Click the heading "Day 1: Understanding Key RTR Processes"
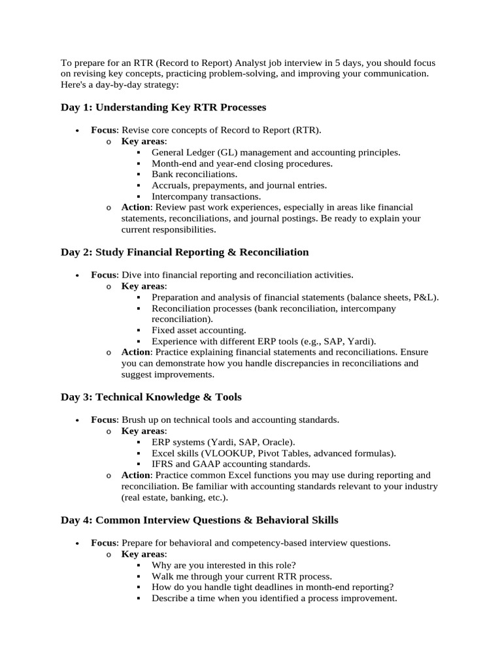[x=163, y=107]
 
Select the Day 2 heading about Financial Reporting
[x=185, y=252]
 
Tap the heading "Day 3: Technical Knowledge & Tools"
[x=151, y=397]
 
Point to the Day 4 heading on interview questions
[x=199, y=520]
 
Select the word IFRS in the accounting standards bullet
[x=162, y=464]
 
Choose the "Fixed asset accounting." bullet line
[x=199, y=330]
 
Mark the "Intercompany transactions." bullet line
[x=206, y=196]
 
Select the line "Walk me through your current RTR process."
[x=242, y=576]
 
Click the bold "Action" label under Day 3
[x=136, y=475]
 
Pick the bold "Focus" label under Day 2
[x=103, y=274]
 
